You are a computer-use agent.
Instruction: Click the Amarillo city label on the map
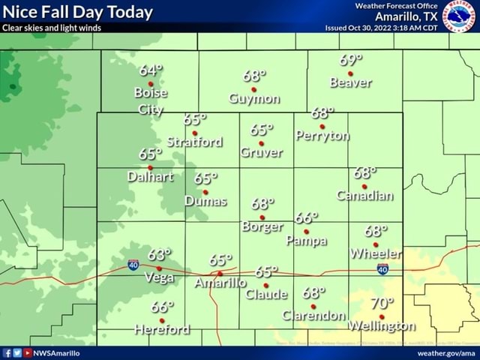(x=220, y=283)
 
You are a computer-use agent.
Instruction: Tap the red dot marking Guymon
(x=254, y=89)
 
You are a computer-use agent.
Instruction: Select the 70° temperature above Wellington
(x=381, y=304)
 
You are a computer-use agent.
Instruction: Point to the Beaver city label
(x=351, y=83)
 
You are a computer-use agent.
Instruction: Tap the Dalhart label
(x=150, y=177)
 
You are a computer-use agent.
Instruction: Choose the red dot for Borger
(x=262, y=217)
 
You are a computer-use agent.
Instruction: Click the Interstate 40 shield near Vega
(x=133, y=263)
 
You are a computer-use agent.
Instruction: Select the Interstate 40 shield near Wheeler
(x=382, y=269)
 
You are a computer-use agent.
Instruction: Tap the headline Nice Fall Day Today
(x=78, y=12)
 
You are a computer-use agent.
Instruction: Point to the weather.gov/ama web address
(x=446, y=352)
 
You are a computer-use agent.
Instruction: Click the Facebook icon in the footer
(x=7, y=352)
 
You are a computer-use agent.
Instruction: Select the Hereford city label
(x=161, y=330)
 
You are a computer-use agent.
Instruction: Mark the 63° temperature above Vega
(x=159, y=254)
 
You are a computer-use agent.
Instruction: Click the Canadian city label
(x=364, y=196)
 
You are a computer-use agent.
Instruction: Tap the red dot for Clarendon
(x=313, y=306)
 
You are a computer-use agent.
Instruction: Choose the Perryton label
(x=322, y=136)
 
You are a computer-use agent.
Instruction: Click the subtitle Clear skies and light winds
(x=52, y=28)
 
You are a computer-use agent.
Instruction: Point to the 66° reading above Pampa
(x=306, y=218)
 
